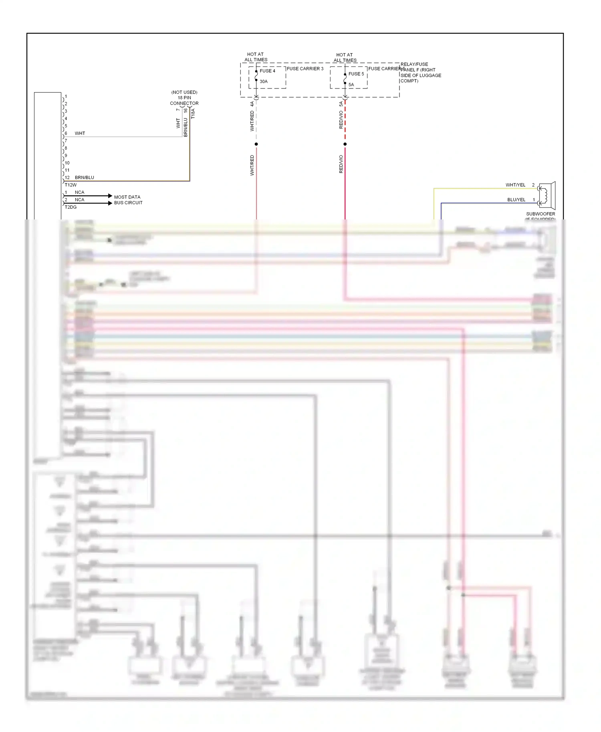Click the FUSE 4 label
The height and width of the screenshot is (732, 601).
267,71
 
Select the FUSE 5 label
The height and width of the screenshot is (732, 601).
356,74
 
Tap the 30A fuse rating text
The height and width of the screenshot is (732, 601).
263,81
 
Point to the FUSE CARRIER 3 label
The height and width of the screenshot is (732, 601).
305,68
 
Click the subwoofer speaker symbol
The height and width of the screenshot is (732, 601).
547,195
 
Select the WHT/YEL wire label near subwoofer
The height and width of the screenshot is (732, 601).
515,185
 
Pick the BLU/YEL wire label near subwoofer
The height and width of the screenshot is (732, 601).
516,199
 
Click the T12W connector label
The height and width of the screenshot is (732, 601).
71,185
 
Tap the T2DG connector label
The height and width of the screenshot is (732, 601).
71,207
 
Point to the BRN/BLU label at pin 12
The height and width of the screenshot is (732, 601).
85,177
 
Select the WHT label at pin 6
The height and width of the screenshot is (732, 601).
80,133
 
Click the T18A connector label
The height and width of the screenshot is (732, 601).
193,113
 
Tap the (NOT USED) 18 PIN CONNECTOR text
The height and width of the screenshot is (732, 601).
184,98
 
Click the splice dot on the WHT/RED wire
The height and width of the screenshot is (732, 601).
256,144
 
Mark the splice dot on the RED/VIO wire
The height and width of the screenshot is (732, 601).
345,144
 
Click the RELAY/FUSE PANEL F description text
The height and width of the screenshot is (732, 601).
420,72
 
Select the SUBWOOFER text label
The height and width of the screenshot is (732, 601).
540,214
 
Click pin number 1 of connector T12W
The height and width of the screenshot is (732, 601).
66,97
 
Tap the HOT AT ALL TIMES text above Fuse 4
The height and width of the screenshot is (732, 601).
256,57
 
